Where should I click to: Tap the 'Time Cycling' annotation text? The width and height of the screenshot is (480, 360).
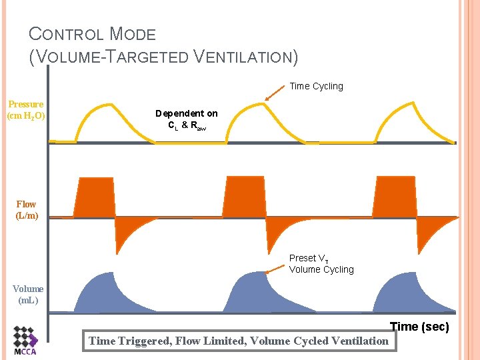pos(316,86)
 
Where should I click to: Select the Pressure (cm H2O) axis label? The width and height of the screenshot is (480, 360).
pos(26,110)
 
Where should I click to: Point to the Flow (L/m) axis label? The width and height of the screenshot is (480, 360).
pos(27,209)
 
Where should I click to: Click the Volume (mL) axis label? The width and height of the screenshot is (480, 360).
pos(28,294)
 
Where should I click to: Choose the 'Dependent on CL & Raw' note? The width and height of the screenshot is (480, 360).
pos(186,119)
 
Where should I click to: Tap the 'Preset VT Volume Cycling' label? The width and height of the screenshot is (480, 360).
pos(321,263)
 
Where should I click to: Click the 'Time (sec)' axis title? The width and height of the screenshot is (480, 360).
pos(419,326)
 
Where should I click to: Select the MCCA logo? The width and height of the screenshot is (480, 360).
pos(26,340)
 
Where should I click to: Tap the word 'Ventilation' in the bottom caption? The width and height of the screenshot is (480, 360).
pos(361,341)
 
